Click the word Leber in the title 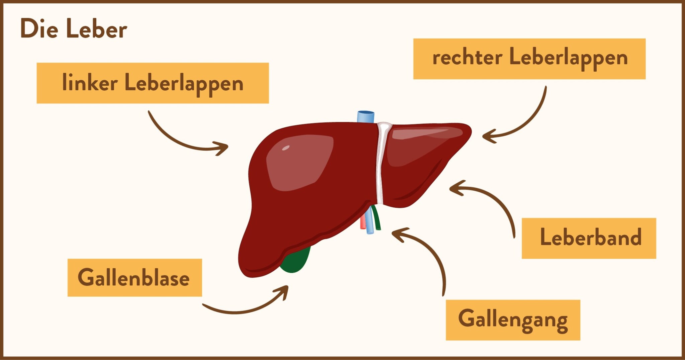(x=96, y=29)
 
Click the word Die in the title (x=39, y=29)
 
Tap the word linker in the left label (x=90, y=83)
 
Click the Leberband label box (x=589, y=238)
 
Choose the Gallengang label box (x=513, y=320)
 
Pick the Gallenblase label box (x=134, y=278)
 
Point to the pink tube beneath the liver (x=363, y=222)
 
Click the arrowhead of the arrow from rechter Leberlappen (x=486, y=136)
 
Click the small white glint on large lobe (x=286, y=148)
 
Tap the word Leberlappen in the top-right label (x=568, y=58)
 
